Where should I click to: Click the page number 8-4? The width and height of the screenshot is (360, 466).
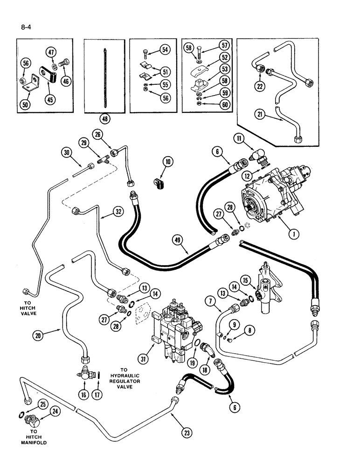tap(21, 21)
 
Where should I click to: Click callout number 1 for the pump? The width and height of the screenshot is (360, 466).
tap(293, 234)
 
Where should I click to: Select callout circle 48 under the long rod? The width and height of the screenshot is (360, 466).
tap(105, 119)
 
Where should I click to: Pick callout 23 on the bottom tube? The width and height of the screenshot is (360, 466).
tap(188, 433)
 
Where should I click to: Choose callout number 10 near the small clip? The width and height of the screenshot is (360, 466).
tap(167, 162)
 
